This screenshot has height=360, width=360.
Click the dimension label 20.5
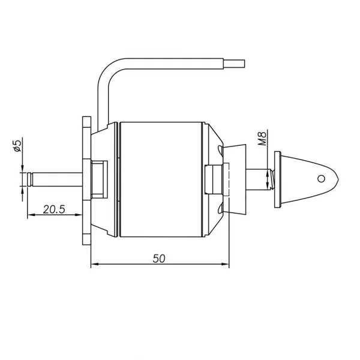click(54, 209)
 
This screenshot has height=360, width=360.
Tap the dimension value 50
click(159, 259)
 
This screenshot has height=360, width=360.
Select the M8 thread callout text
click(262, 138)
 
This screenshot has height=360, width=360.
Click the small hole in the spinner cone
click(321, 178)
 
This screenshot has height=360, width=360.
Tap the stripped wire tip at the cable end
click(234, 64)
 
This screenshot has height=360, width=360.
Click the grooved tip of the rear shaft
click(30, 179)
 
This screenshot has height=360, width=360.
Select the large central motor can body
click(161, 179)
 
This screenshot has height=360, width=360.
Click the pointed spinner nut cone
click(309, 179)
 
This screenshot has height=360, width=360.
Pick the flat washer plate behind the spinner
click(277, 179)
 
